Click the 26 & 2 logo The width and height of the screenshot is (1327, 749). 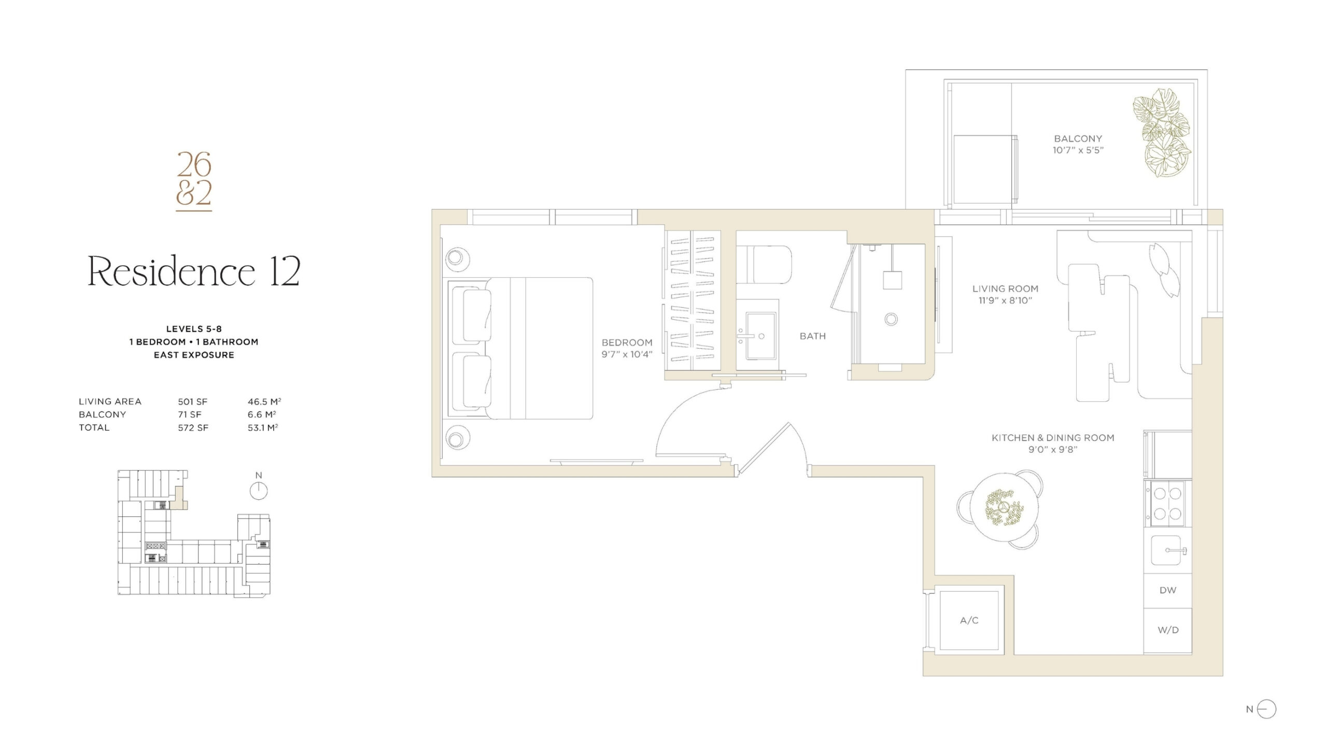click(194, 181)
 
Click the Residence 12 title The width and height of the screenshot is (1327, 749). click(194, 271)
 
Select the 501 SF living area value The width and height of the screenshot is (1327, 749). click(192, 401)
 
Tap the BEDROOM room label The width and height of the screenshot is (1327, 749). click(627, 342)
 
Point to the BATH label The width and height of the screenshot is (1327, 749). click(812, 336)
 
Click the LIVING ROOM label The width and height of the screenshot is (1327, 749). click(1005, 289)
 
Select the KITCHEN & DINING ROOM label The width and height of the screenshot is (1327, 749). click(1053, 438)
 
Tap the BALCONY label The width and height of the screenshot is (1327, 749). click(1078, 139)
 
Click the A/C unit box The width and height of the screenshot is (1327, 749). click(969, 620)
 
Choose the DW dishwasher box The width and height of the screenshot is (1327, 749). click(1167, 590)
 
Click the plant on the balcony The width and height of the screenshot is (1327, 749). click(1161, 139)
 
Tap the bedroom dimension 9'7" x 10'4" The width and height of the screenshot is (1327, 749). click(627, 354)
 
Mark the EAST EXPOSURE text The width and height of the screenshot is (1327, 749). click(194, 355)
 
